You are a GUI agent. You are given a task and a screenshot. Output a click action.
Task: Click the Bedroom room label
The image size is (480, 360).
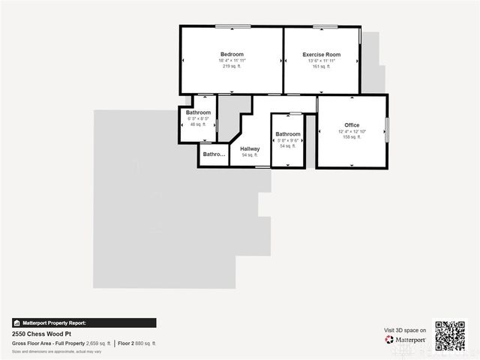(232, 55)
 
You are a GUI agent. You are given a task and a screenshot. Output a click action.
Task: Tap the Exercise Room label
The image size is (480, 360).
(321, 55)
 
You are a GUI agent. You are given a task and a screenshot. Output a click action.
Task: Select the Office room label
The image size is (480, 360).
(352, 125)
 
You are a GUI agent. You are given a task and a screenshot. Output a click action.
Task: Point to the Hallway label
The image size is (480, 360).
(250, 148)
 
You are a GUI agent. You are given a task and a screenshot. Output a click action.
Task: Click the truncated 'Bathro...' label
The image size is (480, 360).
(214, 154)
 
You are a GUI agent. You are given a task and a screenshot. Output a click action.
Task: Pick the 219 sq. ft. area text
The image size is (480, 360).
(232, 66)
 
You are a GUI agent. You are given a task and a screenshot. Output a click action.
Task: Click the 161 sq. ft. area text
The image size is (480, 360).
(321, 66)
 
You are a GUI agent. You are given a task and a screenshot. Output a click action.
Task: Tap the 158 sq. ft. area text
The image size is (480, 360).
(352, 136)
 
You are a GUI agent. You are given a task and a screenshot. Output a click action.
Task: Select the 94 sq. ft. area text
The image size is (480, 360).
(250, 155)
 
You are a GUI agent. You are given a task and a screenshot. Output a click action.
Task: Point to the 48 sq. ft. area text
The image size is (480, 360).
(198, 124)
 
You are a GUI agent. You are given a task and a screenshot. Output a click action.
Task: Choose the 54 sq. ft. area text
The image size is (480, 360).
(288, 146)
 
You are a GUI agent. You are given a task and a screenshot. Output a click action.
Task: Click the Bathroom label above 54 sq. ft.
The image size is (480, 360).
(288, 134)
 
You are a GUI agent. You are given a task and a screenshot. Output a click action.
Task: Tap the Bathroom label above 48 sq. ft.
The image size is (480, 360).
(198, 112)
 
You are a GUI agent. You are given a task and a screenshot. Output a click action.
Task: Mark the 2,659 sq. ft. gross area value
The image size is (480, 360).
(98, 343)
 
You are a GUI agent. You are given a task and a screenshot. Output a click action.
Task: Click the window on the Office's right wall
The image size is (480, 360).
(387, 129)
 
